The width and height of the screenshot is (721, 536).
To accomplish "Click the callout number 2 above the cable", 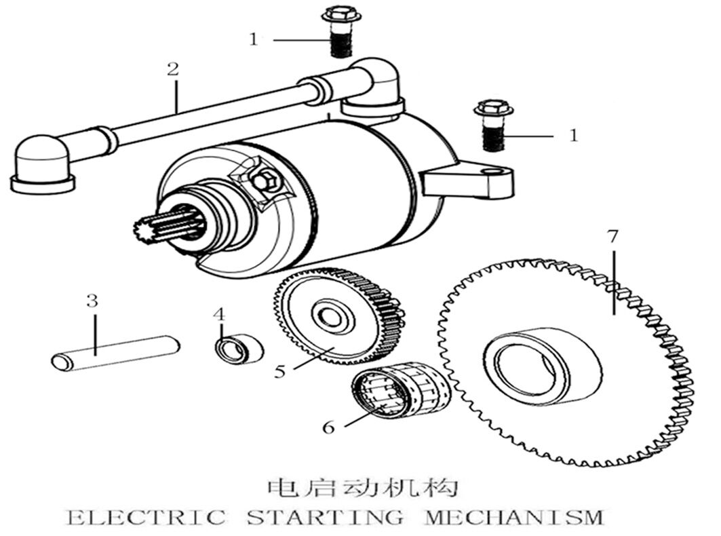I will (x=173, y=69).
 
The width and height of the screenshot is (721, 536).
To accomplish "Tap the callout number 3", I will (x=92, y=301).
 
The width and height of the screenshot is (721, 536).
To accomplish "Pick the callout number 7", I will (x=612, y=237).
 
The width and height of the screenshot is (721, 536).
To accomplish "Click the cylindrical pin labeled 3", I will (x=115, y=353).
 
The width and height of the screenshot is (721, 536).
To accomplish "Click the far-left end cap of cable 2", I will (x=42, y=164).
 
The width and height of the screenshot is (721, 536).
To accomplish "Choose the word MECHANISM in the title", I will (x=513, y=517).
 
